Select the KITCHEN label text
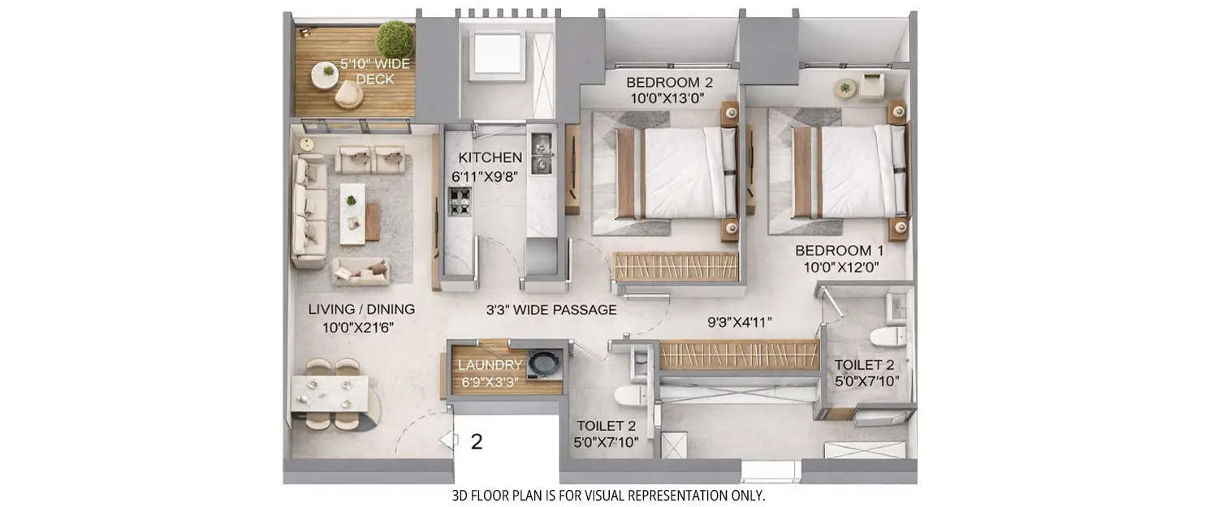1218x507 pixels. point(490,157)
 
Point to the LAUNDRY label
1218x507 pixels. point(490,365)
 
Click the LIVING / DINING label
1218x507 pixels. point(361,309)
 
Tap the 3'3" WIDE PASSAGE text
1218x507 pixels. point(551,310)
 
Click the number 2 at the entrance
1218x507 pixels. point(477,442)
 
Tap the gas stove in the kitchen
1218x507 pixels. point(460,201)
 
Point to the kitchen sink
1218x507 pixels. point(540,155)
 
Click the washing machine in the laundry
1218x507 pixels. point(542,363)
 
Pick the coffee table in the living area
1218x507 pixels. point(352,213)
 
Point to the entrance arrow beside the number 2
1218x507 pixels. point(446,440)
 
